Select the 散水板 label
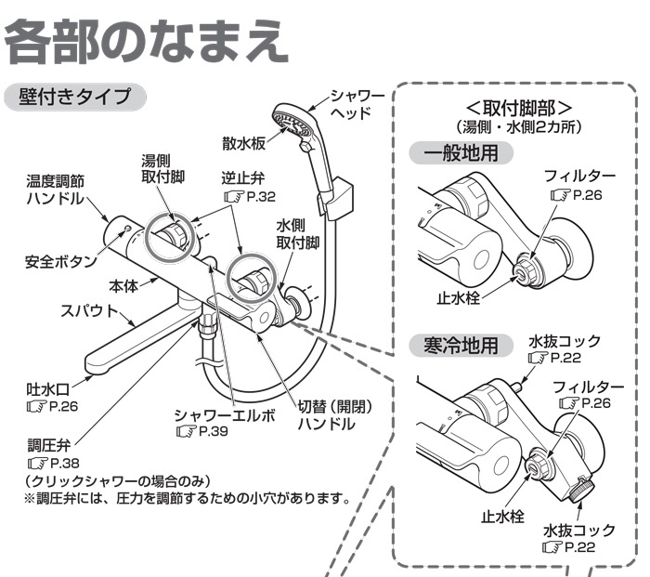coord(245,144)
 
